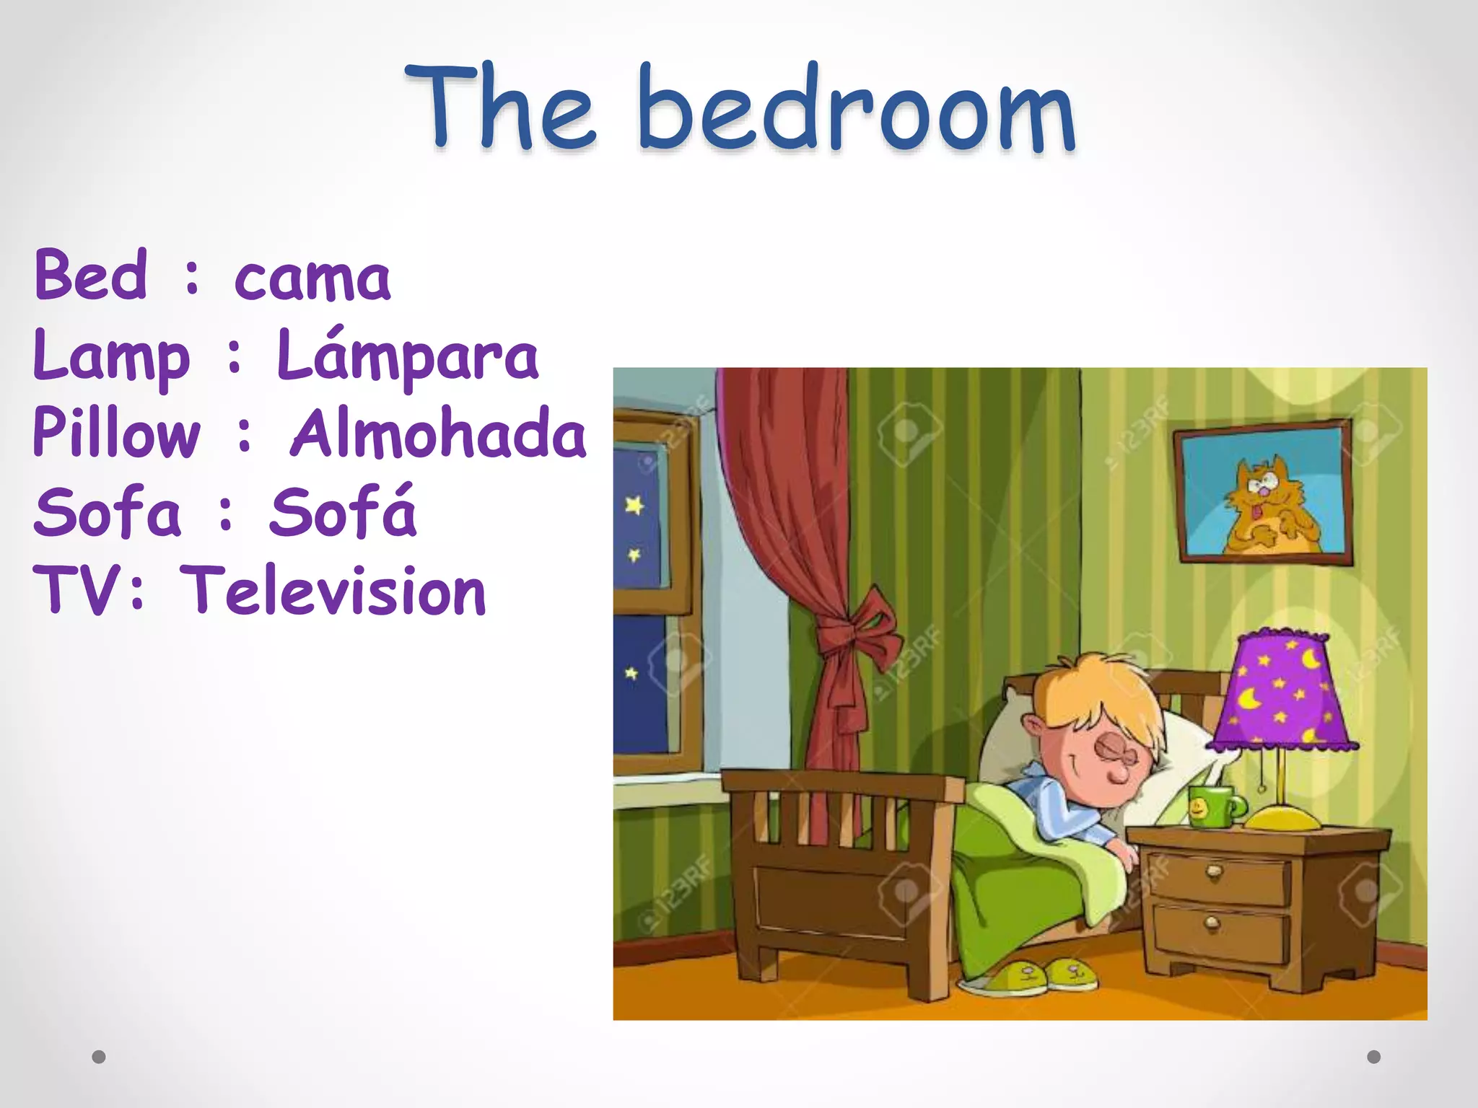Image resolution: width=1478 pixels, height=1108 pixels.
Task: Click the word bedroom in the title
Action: (857, 110)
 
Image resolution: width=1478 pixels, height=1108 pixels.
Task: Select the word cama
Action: (312, 278)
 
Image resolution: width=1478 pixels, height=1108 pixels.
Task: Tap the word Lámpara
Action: (408, 356)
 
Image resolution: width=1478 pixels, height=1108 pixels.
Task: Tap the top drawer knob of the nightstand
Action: (1215, 874)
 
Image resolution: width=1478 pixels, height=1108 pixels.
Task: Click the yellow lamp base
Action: (1282, 818)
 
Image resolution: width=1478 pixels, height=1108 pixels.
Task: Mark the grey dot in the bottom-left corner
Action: (99, 1057)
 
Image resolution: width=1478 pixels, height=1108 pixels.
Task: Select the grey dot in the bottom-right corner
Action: (1374, 1057)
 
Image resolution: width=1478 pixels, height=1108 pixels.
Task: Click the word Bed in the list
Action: (91, 276)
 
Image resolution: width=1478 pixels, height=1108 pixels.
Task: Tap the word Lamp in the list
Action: (112, 356)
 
